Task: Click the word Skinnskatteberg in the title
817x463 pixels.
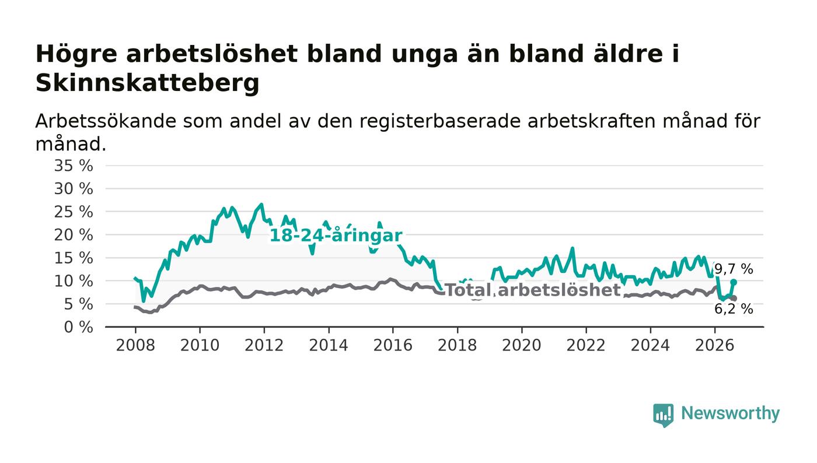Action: tap(147, 83)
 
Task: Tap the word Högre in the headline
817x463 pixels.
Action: tap(76, 55)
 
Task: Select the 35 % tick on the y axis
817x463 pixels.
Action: tap(74, 166)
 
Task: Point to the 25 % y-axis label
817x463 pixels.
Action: tap(74, 212)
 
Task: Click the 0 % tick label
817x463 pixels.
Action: tap(78, 327)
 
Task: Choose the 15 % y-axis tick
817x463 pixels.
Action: tap(74, 258)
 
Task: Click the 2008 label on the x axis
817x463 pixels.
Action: tap(135, 345)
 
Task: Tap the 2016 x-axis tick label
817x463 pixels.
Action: tap(393, 345)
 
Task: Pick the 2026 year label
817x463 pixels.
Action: tap(714, 345)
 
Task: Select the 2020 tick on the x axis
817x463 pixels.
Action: tap(522, 345)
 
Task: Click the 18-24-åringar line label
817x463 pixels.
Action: tap(336, 236)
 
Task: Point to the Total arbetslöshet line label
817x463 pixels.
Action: tap(533, 290)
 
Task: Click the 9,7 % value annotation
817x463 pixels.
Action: tap(734, 269)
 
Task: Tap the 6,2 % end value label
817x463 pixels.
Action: tap(734, 309)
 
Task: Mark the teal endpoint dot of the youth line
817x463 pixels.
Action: tap(734, 282)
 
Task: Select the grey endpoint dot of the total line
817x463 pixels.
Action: tap(734, 298)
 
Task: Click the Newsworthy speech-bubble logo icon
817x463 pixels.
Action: tap(663, 415)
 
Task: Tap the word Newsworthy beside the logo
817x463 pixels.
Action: tap(730, 413)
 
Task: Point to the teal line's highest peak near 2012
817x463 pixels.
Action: tap(261, 204)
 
